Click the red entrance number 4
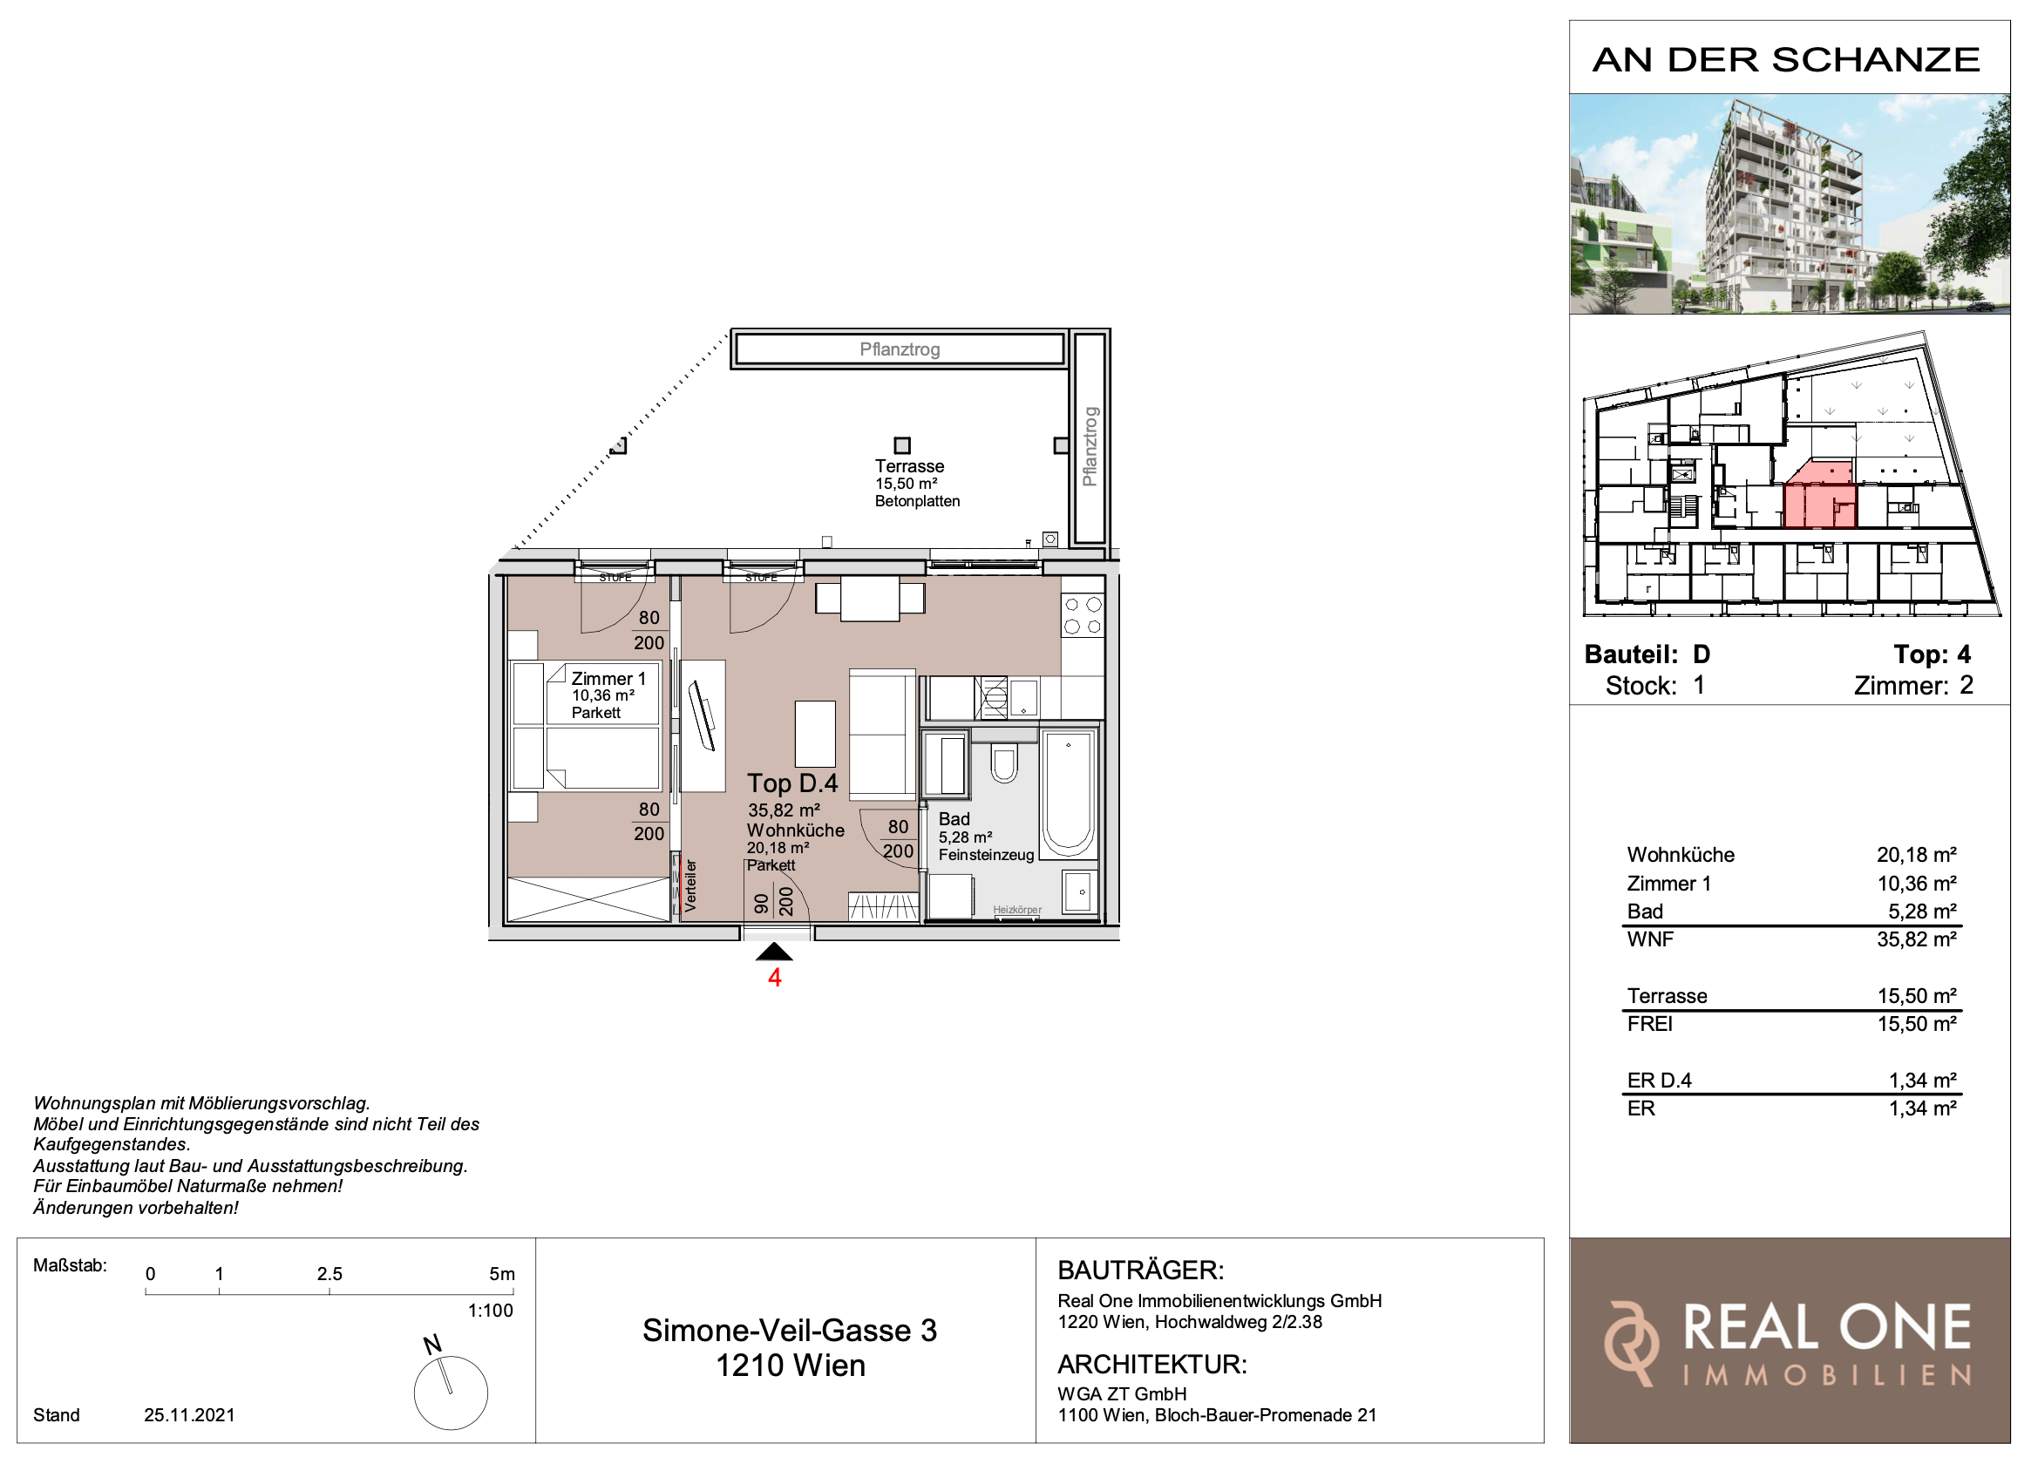775,978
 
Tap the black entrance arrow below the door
775,952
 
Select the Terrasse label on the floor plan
909,466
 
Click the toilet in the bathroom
1004,762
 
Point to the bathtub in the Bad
1068,792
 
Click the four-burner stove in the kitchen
1082,616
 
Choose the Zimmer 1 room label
608,679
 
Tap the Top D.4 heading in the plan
792,783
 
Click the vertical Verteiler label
690,885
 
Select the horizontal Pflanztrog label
899,349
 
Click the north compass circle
451,1393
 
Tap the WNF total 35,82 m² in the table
1917,939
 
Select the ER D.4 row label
1659,1080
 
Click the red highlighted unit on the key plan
1820,497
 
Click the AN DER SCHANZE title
1787,59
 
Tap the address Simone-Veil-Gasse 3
790,1331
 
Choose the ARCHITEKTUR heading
1152,1365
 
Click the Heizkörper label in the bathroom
1017,910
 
